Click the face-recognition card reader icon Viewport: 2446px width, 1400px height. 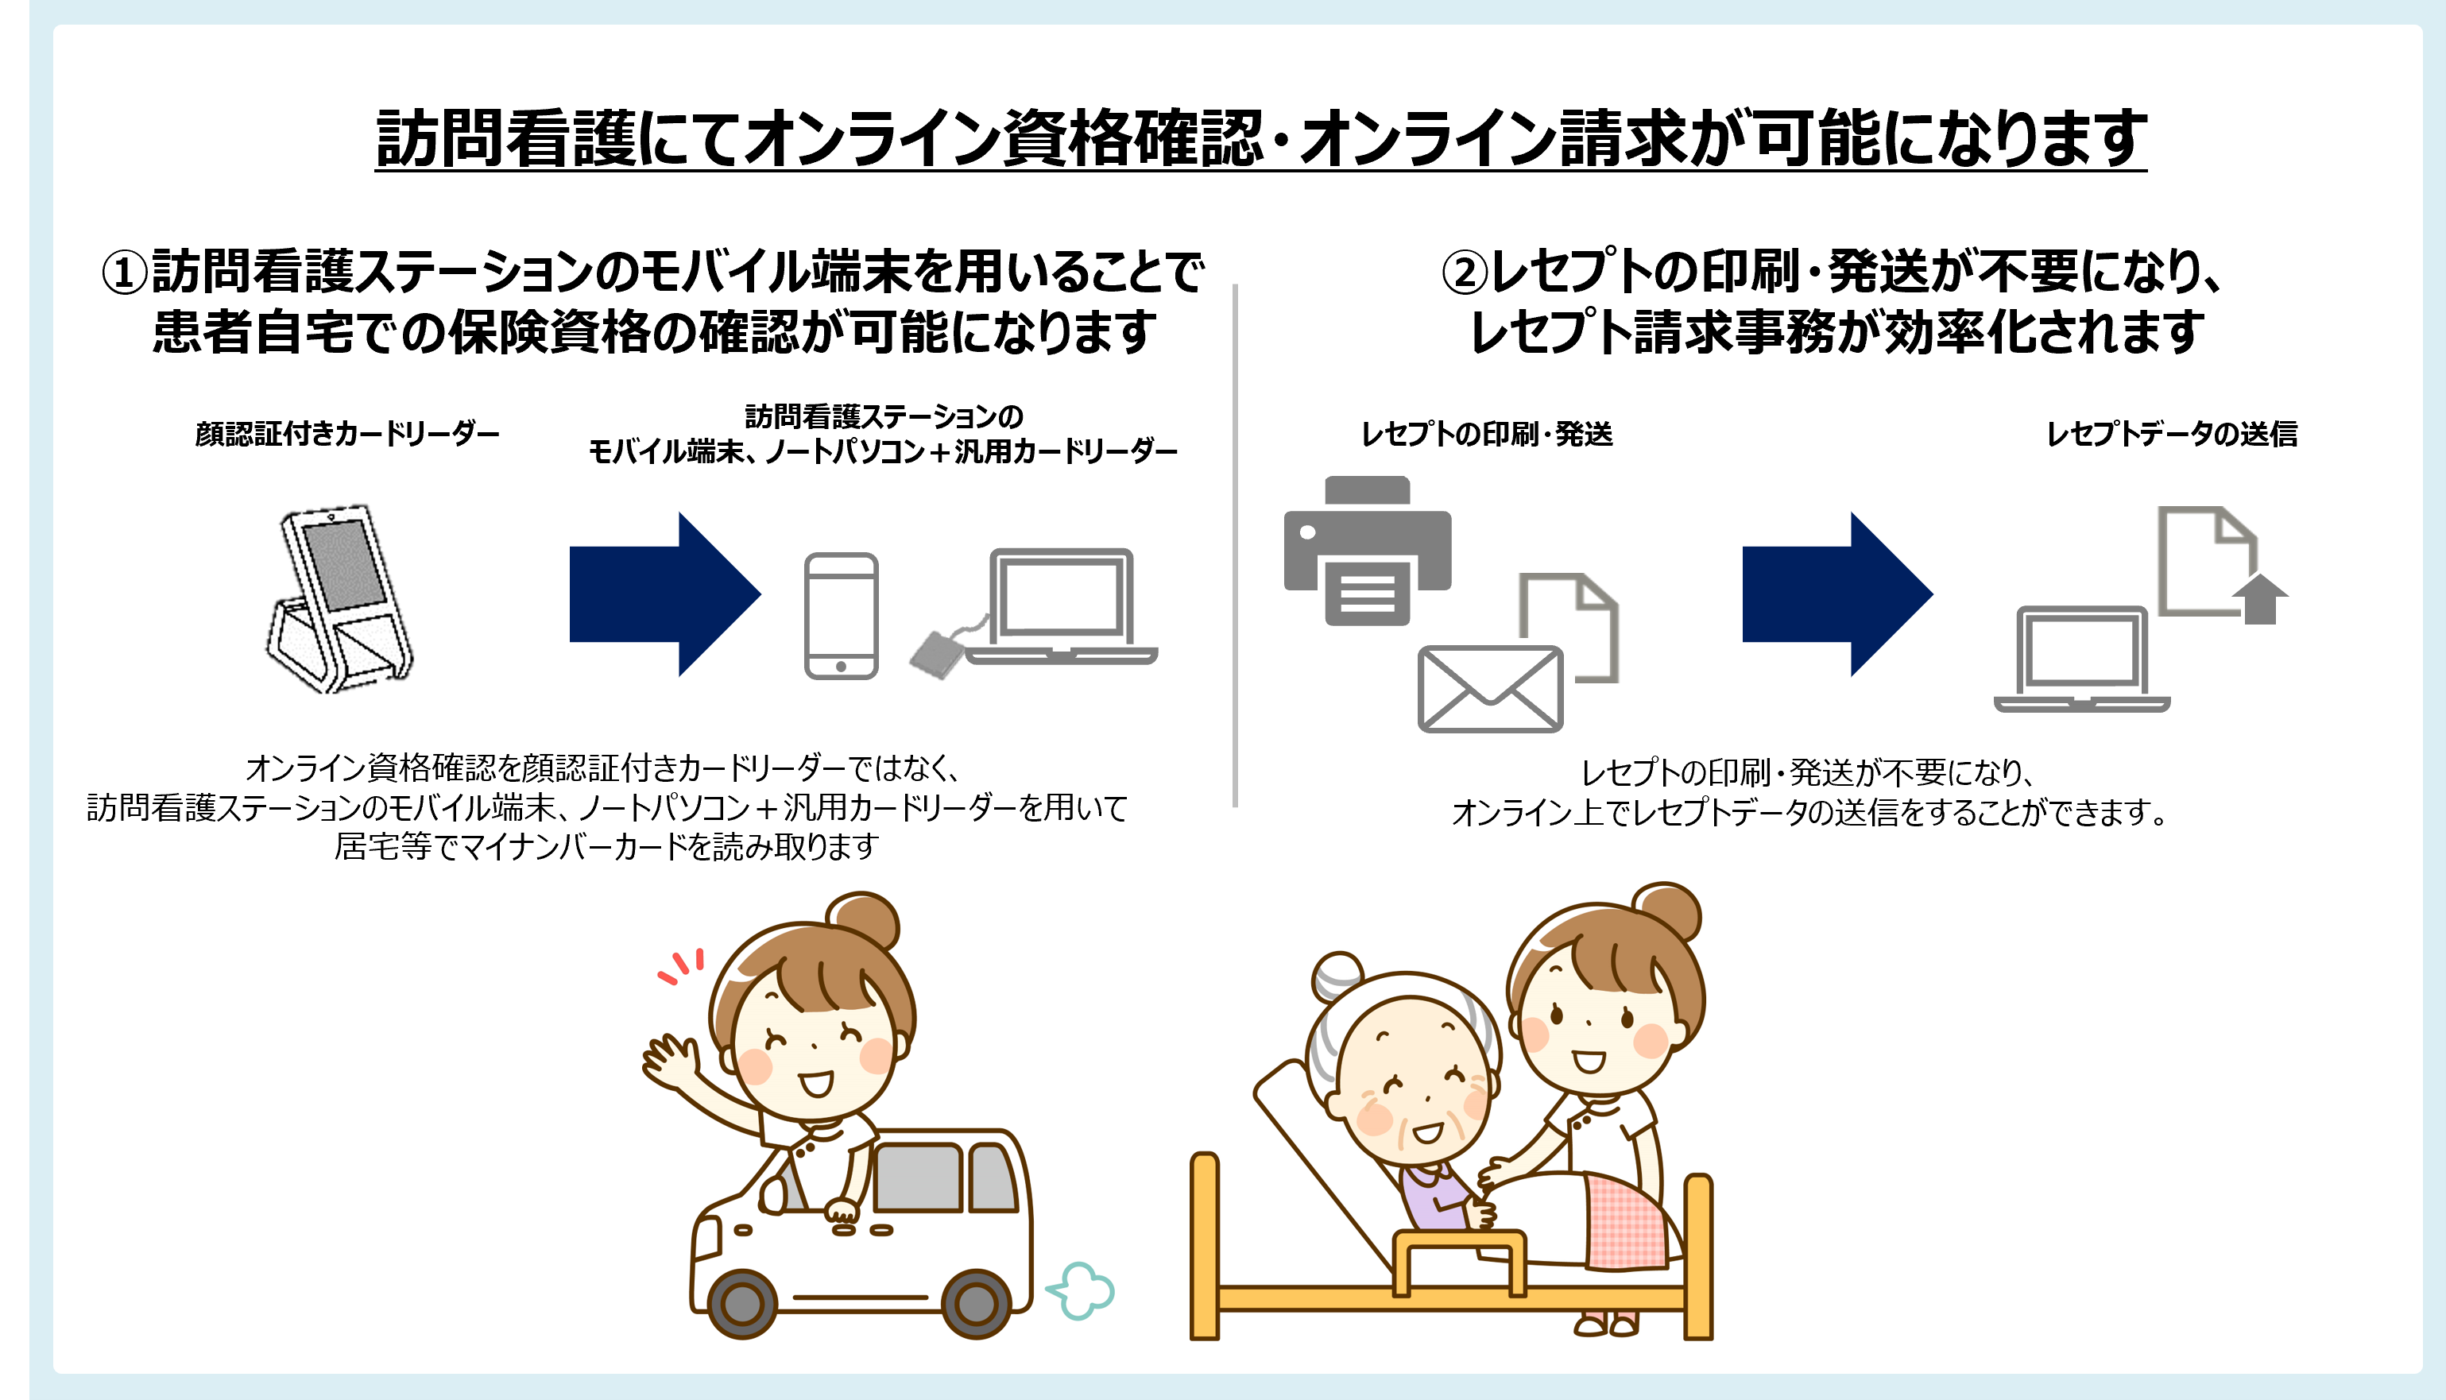coord(339,598)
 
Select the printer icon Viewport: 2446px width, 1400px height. coord(1367,550)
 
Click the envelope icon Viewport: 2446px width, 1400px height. coord(1490,688)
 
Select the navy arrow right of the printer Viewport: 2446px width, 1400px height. coord(1837,594)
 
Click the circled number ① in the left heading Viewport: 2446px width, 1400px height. coord(125,272)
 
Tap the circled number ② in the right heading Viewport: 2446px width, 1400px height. coord(1465,272)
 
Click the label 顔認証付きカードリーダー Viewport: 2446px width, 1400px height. coord(347,435)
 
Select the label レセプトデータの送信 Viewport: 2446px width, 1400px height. coord(2172,435)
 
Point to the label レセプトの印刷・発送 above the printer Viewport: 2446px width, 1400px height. coord(1487,435)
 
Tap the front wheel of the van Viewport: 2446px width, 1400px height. coord(741,1304)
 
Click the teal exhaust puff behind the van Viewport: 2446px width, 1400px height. coord(1081,1290)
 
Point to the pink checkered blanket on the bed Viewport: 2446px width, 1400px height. coord(1627,1221)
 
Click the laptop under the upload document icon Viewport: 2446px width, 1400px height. coord(2081,659)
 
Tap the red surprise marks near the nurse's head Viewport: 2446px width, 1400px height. coord(682,966)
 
